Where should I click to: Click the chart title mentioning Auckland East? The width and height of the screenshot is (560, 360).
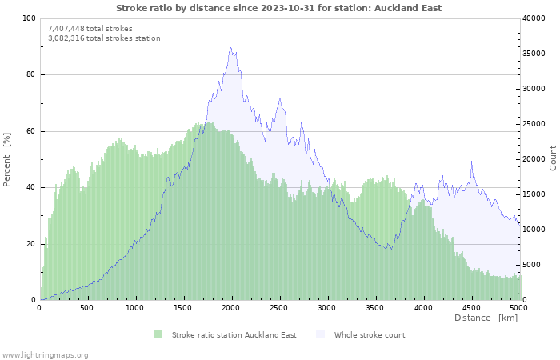tap(279, 8)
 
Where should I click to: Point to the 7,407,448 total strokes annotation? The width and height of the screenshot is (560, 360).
tap(90, 29)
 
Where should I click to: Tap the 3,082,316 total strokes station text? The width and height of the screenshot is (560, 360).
tap(104, 38)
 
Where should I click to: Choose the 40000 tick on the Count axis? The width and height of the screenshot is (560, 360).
tap(534, 18)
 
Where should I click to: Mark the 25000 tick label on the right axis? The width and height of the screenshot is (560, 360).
tap(534, 124)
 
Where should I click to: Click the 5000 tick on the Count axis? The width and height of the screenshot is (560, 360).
tap(531, 265)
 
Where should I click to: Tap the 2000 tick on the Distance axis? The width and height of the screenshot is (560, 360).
tap(230, 308)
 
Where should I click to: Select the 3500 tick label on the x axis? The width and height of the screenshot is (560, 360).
tap(374, 308)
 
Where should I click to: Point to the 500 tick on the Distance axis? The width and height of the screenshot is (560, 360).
tap(86, 308)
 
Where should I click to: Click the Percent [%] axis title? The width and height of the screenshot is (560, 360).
tap(6, 160)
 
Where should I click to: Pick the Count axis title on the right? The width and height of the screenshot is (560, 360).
tap(553, 158)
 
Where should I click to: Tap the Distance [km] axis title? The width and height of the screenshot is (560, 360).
tap(486, 318)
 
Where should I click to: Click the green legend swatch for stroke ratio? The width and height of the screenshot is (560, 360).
tap(158, 334)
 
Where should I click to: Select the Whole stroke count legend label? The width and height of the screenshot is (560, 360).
tap(370, 335)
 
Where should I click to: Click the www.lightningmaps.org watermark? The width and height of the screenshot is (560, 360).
tap(44, 355)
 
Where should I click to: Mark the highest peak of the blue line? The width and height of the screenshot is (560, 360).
tap(230, 47)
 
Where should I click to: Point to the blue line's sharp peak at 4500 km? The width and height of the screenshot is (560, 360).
tap(471, 161)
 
